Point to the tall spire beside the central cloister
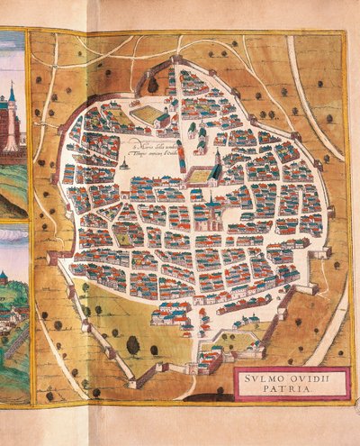click(217, 160)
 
